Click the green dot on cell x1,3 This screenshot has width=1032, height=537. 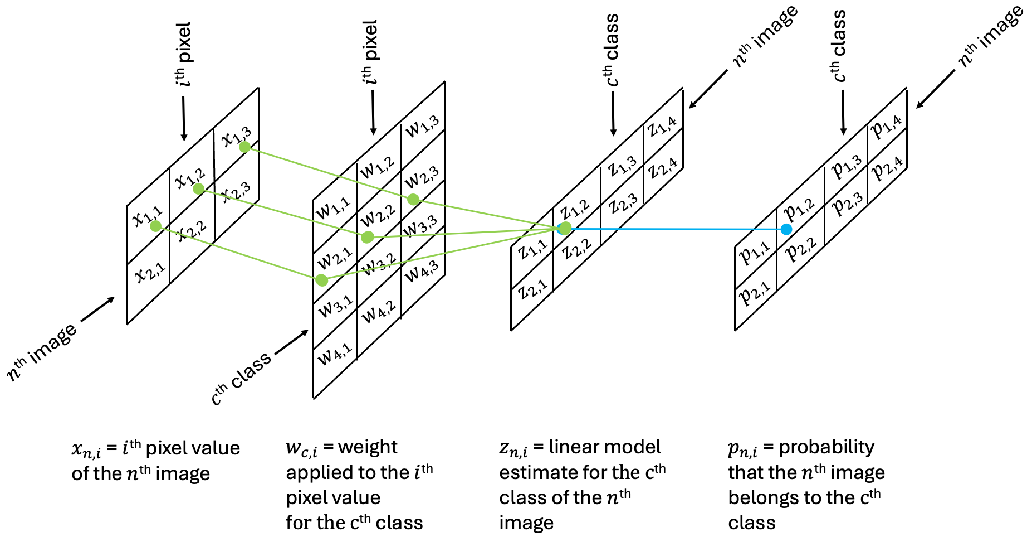tap(244, 147)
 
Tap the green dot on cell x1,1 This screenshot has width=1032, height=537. tap(156, 226)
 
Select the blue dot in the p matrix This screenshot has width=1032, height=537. tap(786, 229)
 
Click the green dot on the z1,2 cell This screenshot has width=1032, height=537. tap(564, 228)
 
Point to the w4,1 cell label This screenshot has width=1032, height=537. tap(335, 354)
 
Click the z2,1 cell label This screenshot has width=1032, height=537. tap(533, 288)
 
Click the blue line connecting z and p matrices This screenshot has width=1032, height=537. tap(668, 229)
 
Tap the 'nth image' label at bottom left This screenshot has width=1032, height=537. tap(42, 352)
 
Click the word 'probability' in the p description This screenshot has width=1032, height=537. tap(826, 447)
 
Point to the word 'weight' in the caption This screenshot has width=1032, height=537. tap(368, 447)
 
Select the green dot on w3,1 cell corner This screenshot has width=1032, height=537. tap(321, 279)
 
